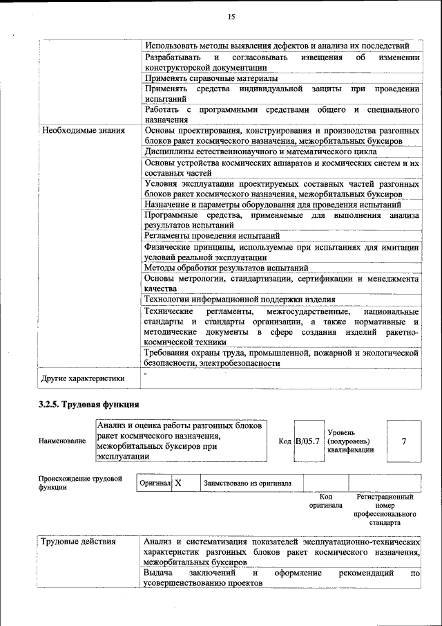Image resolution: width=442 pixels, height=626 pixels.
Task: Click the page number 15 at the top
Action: (x=231, y=17)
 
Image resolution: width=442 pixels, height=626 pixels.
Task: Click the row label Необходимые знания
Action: (x=83, y=130)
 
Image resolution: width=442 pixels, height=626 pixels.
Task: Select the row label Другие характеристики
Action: (x=83, y=378)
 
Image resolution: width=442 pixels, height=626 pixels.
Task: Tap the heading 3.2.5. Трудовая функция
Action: (x=89, y=404)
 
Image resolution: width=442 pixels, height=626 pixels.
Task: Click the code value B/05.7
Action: (x=307, y=441)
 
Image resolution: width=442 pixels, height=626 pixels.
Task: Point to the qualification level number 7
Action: (x=403, y=441)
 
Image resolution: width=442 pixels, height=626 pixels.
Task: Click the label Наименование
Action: (x=63, y=441)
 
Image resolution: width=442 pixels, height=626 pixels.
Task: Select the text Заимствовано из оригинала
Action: (x=247, y=484)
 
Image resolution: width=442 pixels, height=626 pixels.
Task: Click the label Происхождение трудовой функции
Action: (x=80, y=482)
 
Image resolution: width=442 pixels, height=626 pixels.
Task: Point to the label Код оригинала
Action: (x=327, y=501)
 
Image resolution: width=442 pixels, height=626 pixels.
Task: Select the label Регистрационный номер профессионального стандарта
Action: (x=385, y=510)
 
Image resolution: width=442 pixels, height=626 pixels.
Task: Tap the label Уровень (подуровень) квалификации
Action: (x=350, y=441)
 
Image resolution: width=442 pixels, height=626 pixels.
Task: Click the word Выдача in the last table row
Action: (x=158, y=573)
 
